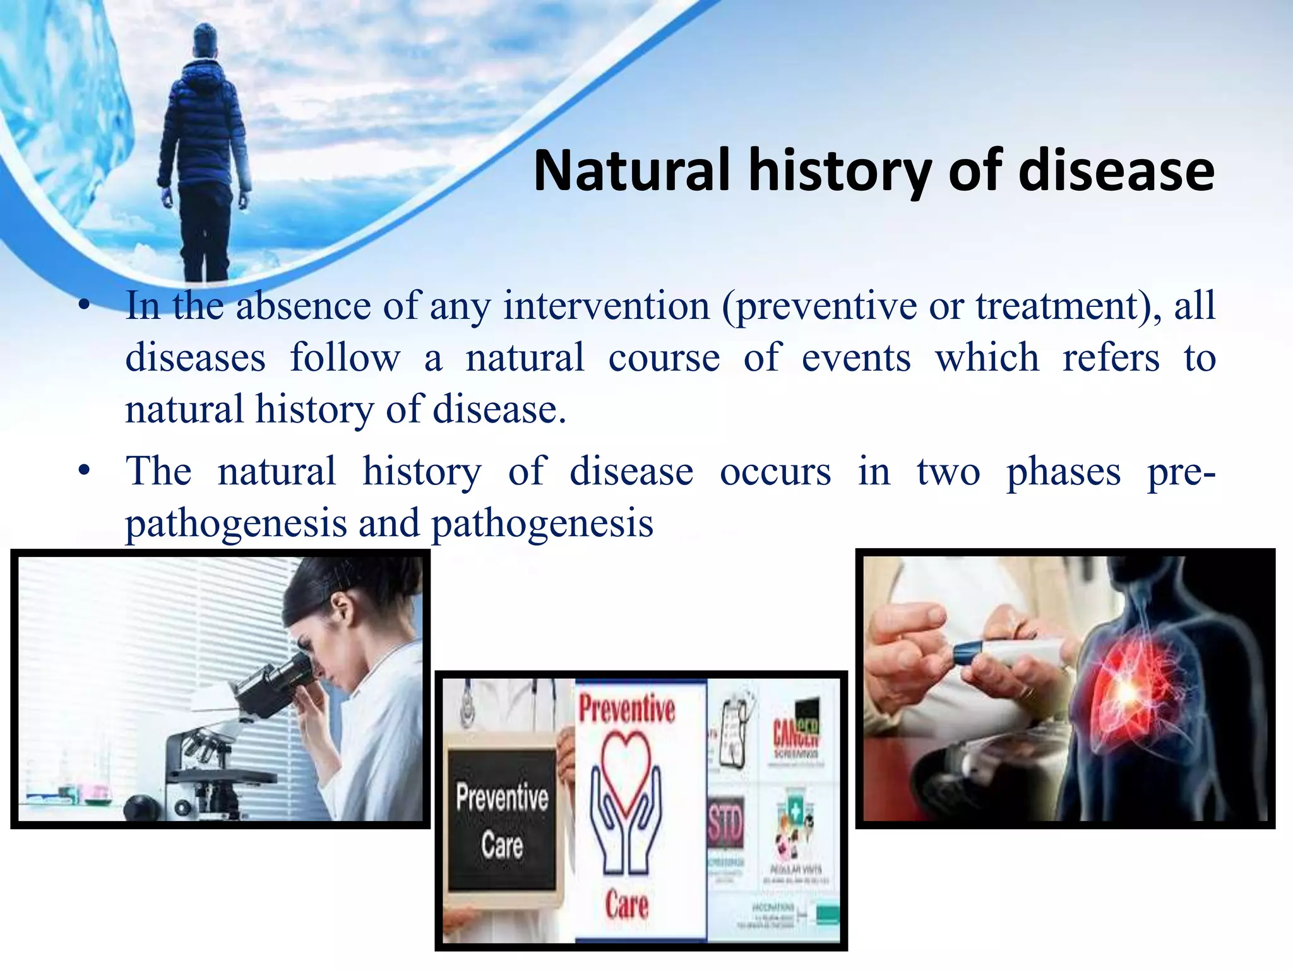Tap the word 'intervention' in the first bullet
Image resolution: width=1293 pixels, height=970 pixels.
click(x=607, y=306)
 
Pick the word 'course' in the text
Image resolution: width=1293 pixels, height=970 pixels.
click(x=664, y=358)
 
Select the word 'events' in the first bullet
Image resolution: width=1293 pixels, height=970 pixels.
click(x=856, y=358)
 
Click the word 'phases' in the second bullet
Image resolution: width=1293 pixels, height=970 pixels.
click(x=1063, y=472)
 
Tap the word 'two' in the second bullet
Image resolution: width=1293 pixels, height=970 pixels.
click(x=948, y=472)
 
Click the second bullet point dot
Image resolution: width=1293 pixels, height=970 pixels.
click(x=84, y=471)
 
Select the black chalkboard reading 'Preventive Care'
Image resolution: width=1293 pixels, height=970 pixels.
click(x=502, y=821)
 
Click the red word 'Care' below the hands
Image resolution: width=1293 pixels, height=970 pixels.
click(x=626, y=904)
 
